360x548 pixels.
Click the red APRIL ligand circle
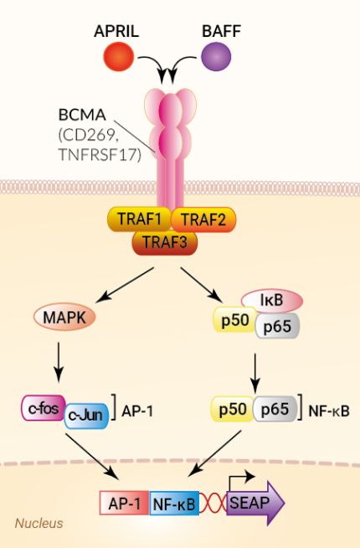click(118, 58)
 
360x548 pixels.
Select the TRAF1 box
click(138, 220)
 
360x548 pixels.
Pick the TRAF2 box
click(204, 220)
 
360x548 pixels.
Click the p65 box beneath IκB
click(275, 327)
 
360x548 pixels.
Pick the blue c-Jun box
click(86, 416)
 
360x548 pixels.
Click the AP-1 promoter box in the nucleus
click(124, 503)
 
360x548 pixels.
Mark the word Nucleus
click(39, 524)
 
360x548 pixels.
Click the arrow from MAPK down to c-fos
click(59, 358)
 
